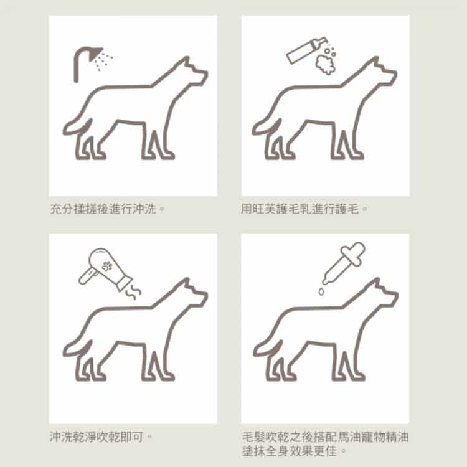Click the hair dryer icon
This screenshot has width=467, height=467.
pyautogui.click(x=105, y=268)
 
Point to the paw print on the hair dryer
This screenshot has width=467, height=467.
pyautogui.click(x=107, y=266)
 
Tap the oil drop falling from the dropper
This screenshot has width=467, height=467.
pyautogui.click(x=321, y=291)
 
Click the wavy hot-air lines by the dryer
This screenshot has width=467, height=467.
pyautogui.click(x=133, y=292)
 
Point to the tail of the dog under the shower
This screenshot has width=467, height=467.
pyautogui.click(x=76, y=126)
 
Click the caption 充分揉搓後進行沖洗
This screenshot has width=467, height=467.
pyautogui.click(x=103, y=209)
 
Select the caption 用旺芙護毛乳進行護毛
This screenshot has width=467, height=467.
pyautogui.click(x=300, y=209)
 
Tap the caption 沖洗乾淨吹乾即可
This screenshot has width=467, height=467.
pyautogui.click(x=97, y=437)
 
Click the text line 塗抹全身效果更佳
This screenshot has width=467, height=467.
pyautogui.click(x=290, y=451)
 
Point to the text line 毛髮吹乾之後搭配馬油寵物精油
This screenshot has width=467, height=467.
pyautogui.click(x=325, y=437)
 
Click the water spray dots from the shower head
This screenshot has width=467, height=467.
pyautogui.click(x=103, y=61)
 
